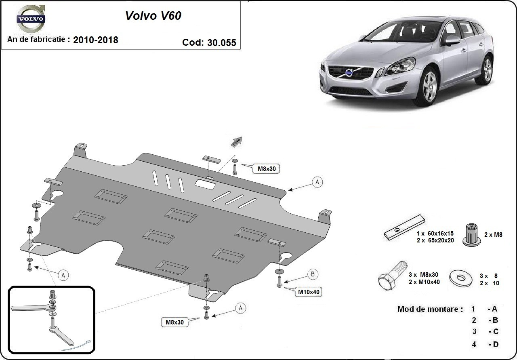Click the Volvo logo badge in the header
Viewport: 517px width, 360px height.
[30, 19]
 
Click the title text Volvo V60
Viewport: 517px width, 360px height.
[153, 15]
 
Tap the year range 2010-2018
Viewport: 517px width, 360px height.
[96, 40]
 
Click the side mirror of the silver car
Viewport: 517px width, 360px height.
[452, 40]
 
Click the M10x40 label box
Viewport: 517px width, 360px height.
[310, 292]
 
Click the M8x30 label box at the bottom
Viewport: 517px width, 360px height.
[174, 322]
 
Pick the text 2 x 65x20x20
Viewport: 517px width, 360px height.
[435, 240]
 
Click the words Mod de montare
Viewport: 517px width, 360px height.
[430, 309]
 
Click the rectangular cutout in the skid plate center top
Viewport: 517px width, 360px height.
[205, 184]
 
